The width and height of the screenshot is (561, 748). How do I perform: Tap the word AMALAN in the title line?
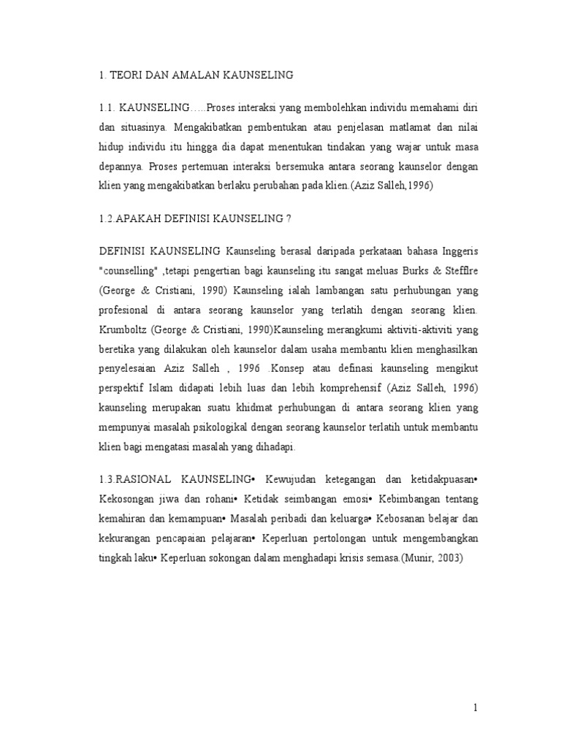point(201,75)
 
